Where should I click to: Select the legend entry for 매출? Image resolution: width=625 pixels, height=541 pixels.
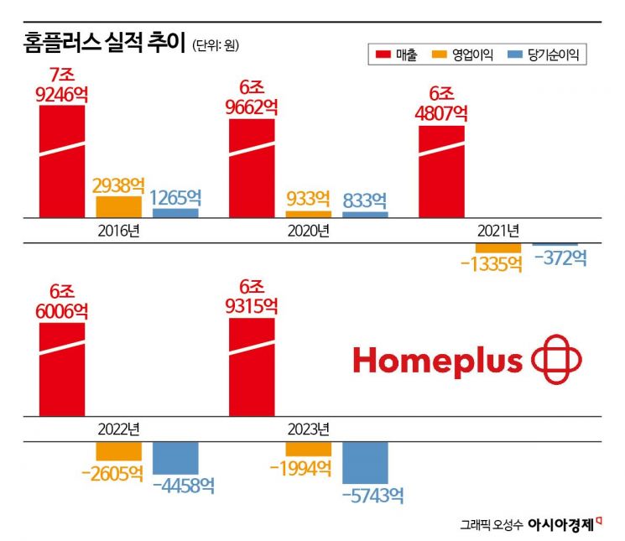[x=400, y=55]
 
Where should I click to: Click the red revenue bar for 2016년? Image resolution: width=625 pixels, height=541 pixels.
[x=62, y=164]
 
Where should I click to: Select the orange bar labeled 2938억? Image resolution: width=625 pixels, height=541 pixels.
[x=118, y=206]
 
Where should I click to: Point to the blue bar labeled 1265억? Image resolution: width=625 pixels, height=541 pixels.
[x=175, y=213]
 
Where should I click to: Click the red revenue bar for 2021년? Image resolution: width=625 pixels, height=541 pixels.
[x=441, y=172]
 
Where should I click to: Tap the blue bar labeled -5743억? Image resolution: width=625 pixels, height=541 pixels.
[x=365, y=462]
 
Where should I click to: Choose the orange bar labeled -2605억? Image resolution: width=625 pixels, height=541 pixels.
[x=118, y=451]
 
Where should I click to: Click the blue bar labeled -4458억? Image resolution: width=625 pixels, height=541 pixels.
[x=175, y=458]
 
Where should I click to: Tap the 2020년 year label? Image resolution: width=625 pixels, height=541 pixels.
[x=308, y=231]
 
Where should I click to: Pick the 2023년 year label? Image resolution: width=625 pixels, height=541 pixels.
[x=308, y=429]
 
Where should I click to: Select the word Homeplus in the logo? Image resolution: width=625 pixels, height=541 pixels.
[x=438, y=362]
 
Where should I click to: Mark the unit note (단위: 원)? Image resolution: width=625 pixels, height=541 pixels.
[x=221, y=44]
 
